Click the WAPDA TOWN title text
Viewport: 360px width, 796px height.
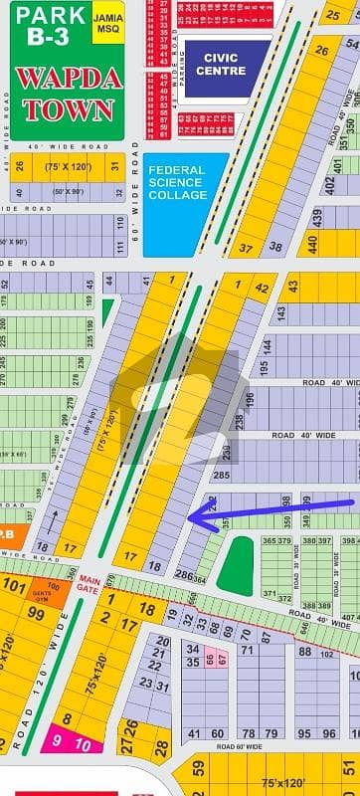pos(67,95)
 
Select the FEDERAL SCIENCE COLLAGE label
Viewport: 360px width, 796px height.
pos(176,182)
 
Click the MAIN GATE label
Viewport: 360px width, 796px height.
pos(90,581)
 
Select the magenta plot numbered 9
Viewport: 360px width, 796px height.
pos(57,740)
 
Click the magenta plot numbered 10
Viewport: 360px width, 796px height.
pos(83,744)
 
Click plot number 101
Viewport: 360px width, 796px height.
pos(14,584)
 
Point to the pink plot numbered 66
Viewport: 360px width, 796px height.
pos(210,659)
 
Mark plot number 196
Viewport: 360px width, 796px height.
pos(249,400)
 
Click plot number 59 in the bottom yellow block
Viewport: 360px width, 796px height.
pos(198,768)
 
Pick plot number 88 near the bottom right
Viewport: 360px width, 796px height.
pos(304,652)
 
